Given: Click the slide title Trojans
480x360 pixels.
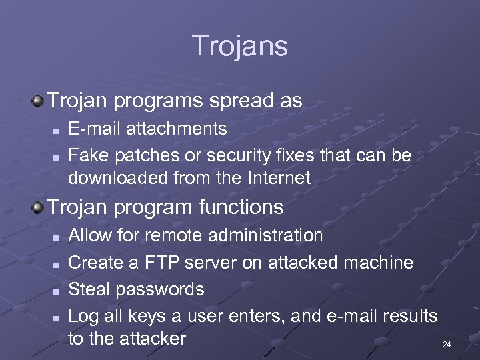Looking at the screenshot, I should (x=240, y=46).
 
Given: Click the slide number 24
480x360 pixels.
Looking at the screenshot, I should (x=447, y=345).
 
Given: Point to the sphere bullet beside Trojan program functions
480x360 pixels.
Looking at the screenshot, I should (x=38, y=207).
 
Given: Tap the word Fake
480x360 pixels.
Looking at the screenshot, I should (x=89, y=155).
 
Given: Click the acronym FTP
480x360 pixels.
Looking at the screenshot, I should (x=163, y=262).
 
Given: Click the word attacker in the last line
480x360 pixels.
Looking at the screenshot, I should (x=153, y=338).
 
